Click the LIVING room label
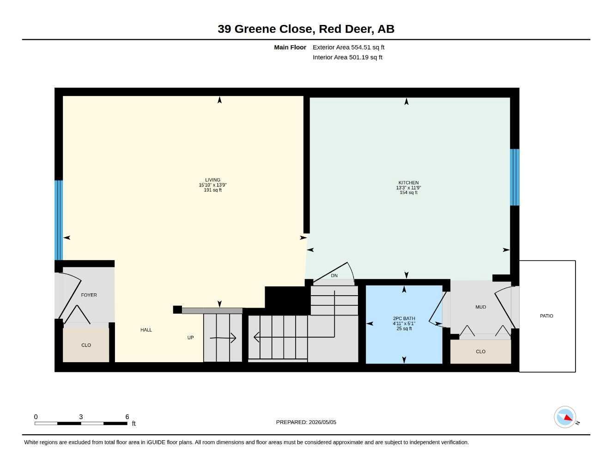[212, 180]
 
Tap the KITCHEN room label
[408, 183]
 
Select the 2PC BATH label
[404, 318]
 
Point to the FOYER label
[89, 295]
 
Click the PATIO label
[546, 316]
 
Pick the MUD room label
[480, 307]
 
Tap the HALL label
[146, 330]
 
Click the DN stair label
[334, 276]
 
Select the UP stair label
[190, 338]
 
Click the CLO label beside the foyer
[86, 345]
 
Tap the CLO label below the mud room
[480, 352]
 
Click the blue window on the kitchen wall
[515, 177]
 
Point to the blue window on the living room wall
[59, 220]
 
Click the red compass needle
[568, 418]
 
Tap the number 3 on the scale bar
[81, 417]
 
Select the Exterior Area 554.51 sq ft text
[348, 47]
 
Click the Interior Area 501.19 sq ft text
[347, 57]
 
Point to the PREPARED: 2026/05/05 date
[306, 422]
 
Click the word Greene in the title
[255, 29]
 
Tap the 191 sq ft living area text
[212, 190]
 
